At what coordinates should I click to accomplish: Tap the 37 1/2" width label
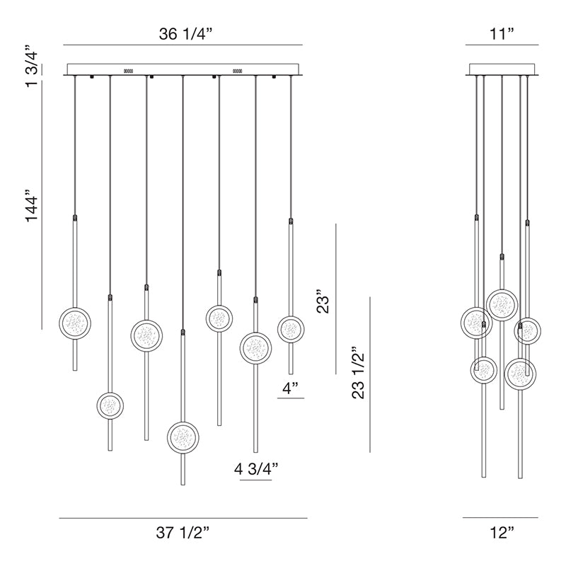[183, 533]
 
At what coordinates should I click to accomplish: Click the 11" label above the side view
[502, 34]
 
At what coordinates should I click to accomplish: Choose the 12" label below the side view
[502, 533]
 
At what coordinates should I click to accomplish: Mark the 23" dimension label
[323, 301]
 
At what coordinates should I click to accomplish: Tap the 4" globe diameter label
[291, 388]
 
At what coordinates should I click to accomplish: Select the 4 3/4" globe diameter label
[256, 469]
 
